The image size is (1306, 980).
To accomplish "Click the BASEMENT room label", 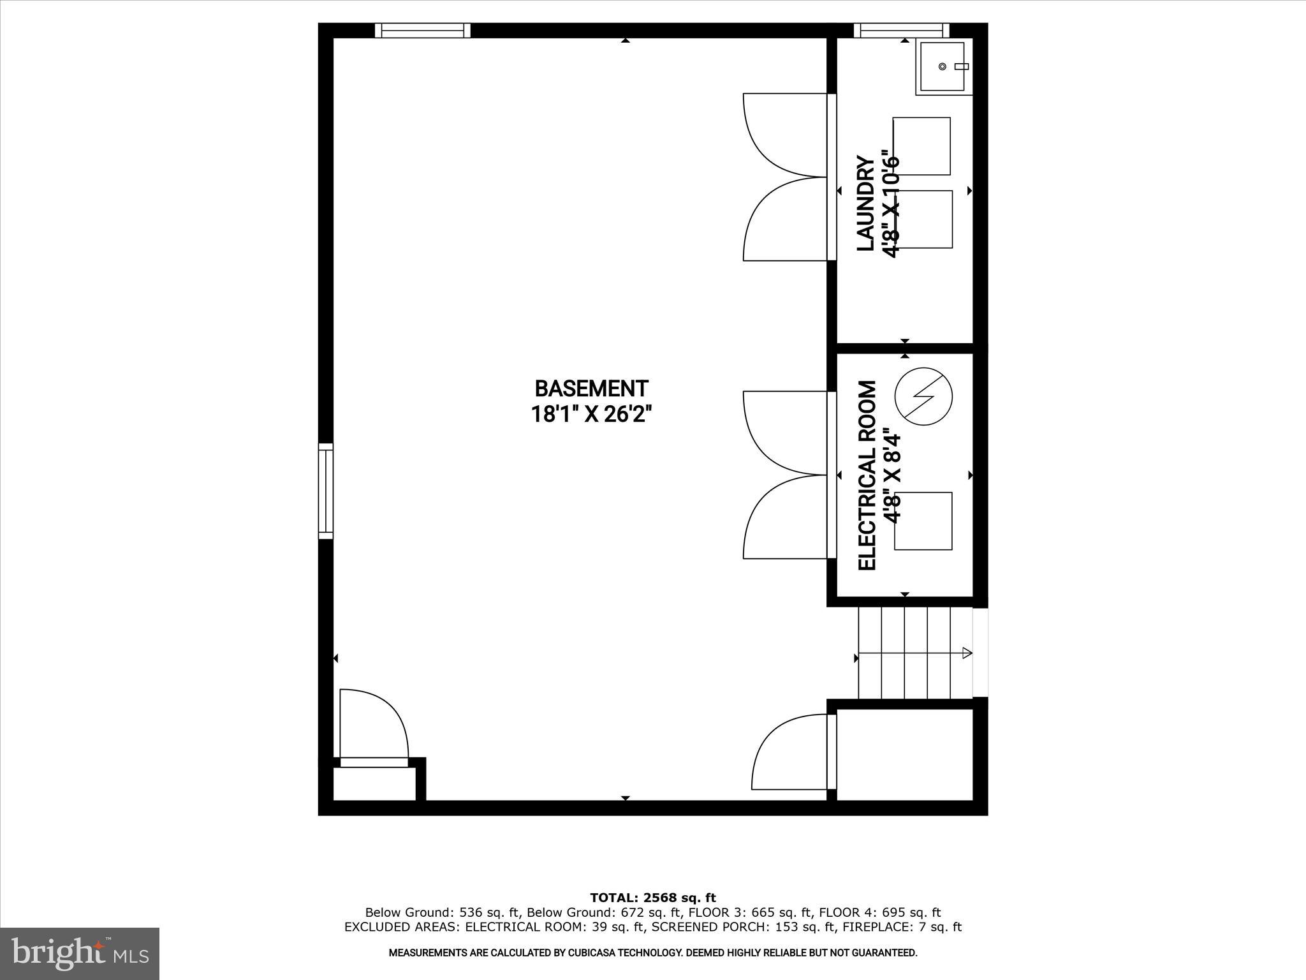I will [x=591, y=389].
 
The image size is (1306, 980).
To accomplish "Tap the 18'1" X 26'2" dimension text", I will [x=591, y=415].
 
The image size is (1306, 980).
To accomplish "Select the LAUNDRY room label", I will [x=865, y=203].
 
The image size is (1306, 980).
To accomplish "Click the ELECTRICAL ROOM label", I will [x=867, y=475].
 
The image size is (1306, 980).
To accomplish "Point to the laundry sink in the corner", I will [x=942, y=66].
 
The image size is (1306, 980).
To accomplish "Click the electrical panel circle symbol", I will [x=923, y=396].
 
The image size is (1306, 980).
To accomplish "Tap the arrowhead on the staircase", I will [x=967, y=653].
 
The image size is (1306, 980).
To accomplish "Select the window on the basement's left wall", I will [x=326, y=491].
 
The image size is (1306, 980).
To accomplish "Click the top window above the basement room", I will [x=422, y=31].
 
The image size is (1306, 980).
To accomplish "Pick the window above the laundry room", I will [x=901, y=31].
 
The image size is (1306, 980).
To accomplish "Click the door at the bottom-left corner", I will [x=373, y=727].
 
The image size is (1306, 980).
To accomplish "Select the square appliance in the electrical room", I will [x=923, y=521].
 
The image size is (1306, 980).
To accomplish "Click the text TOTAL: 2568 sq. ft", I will [x=653, y=898].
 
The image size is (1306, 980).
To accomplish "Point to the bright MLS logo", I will [x=80, y=954].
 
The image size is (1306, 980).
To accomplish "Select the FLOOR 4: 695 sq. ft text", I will [x=880, y=913].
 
